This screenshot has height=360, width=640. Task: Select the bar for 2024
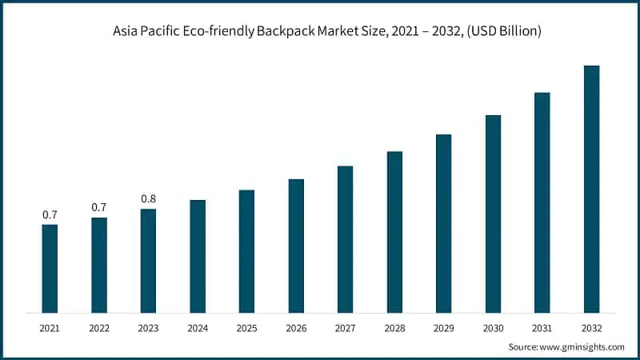(198, 256)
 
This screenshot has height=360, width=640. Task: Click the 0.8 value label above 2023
(148, 198)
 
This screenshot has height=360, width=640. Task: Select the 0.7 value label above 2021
(50, 214)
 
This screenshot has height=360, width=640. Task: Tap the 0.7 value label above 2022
(99, 207)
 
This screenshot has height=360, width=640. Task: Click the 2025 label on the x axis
(247, 328)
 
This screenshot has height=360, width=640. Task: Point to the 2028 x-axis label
(394, 328)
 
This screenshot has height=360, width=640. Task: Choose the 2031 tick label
(542, 328)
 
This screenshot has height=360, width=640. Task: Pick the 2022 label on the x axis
(99, 328)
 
